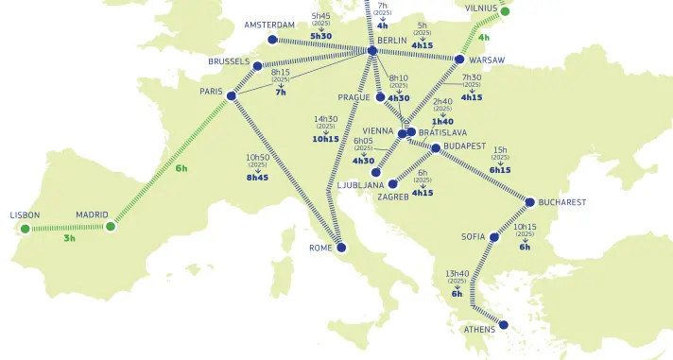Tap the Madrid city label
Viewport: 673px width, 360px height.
tap(92, 214)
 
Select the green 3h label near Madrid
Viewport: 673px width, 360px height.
tap(69, 238)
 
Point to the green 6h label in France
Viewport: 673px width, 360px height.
tap(181, 168)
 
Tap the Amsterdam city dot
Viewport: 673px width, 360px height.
tap(272, 40)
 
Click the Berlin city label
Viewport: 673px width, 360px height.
tap(391, 41)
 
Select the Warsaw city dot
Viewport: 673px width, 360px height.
tap(459, 60)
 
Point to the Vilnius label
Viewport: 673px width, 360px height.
tap(481, 9)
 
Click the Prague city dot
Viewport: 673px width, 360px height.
tap(380, 97)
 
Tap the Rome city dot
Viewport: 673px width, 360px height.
tap(341, 248)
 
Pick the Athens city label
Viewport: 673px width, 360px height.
tap(479, 330)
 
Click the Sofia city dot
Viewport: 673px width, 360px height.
tap(493, 237)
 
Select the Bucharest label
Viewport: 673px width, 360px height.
tap(562, 202)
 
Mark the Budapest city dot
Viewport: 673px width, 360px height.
tap(435, 148)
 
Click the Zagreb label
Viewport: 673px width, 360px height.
tap(392, 197)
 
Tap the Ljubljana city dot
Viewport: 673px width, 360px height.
tap(377, 173)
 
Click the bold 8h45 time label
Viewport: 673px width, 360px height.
tap(257, 177)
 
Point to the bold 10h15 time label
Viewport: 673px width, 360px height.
tap(326, 139)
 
